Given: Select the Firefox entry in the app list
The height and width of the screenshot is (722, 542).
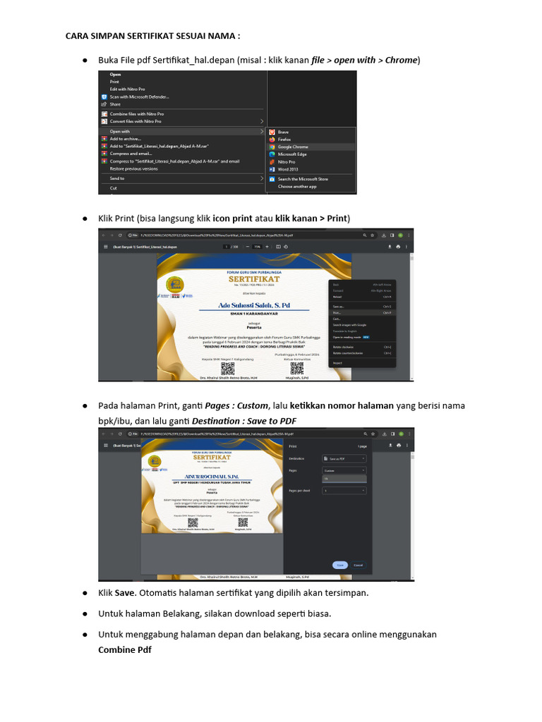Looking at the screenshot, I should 284,140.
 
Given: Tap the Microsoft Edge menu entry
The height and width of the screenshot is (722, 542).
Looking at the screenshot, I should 292,154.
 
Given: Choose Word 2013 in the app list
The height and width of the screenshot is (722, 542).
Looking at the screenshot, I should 288,169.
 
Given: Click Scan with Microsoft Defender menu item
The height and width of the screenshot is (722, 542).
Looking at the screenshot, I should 139,97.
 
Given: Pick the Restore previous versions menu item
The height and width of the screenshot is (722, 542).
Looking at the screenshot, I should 133,169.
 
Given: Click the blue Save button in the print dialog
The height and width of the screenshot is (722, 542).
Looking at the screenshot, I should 339,565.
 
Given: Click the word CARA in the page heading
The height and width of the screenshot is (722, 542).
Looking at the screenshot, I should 78,35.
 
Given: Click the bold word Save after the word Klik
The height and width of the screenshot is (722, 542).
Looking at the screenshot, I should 125,592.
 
